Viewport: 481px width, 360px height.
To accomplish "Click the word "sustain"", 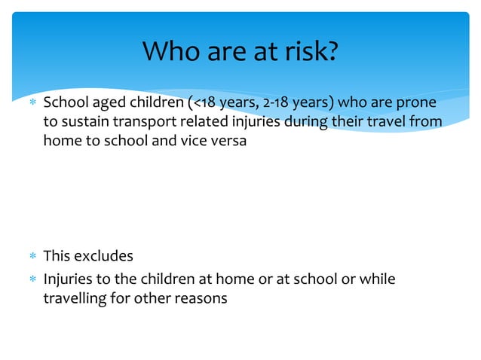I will tap(81, 122).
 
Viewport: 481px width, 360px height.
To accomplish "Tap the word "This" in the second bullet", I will tap(57, 256).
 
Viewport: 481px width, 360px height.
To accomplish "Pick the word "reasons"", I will tap(201, 298).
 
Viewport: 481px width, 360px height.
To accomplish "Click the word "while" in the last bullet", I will tap(377, 279).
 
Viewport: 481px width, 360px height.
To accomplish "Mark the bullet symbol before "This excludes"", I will tap(32, 257).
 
